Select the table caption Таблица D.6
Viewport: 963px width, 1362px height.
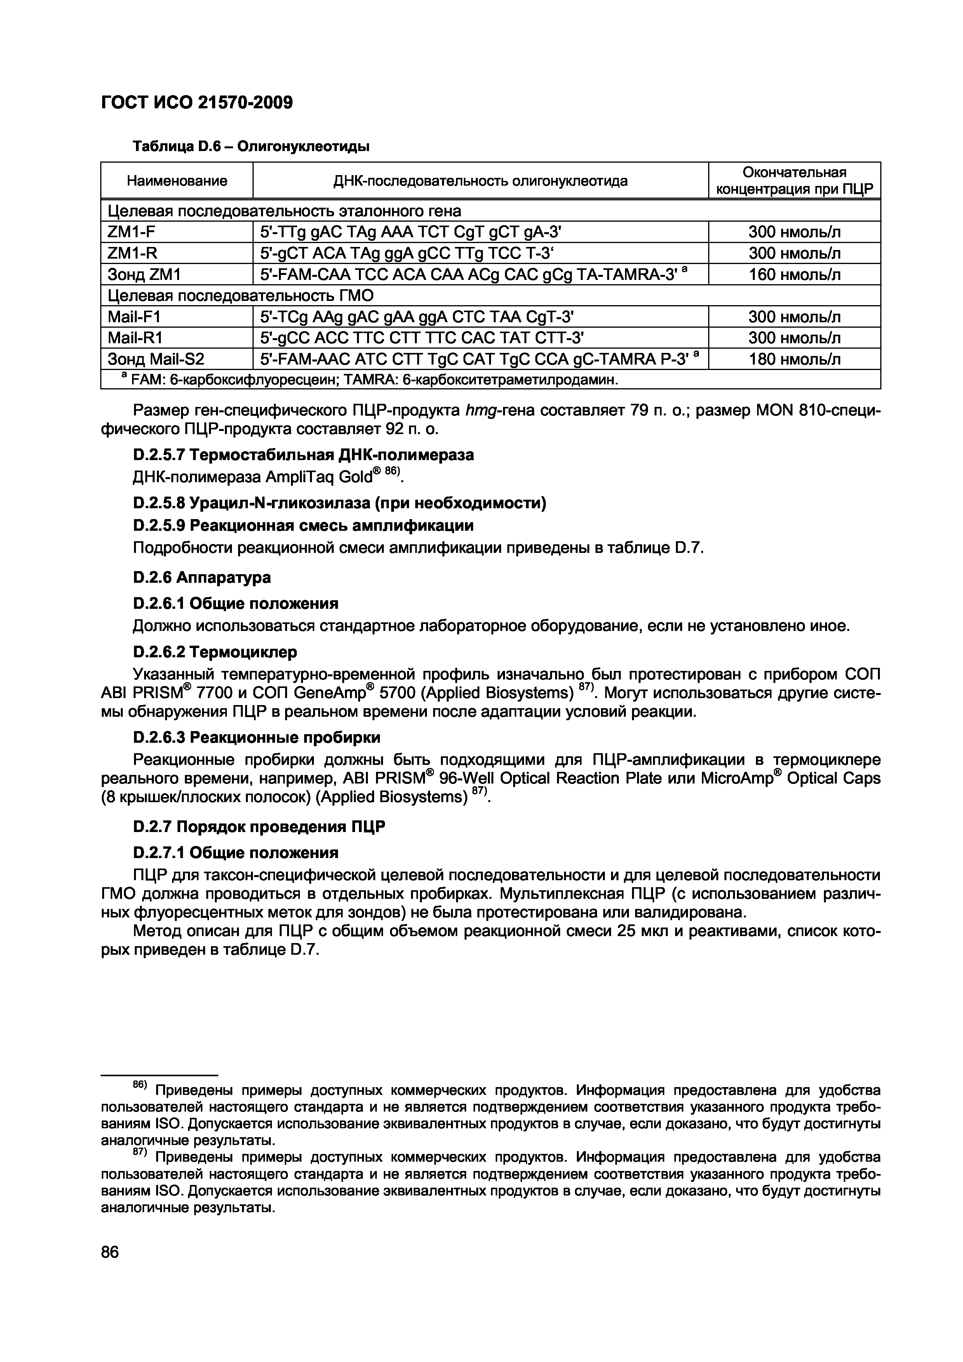(x=251, y=146)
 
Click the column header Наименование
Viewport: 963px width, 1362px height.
(x=177, y=181)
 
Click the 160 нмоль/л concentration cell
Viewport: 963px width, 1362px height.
(x=794, y=274)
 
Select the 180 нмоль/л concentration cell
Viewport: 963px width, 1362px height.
(x=794, y=359)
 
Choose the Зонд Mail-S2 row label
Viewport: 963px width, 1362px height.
(x=155, y=359)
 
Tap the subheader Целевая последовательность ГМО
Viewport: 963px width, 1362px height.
(x=240, y=295)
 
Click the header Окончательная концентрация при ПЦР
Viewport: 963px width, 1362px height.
(x=794, y=181)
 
